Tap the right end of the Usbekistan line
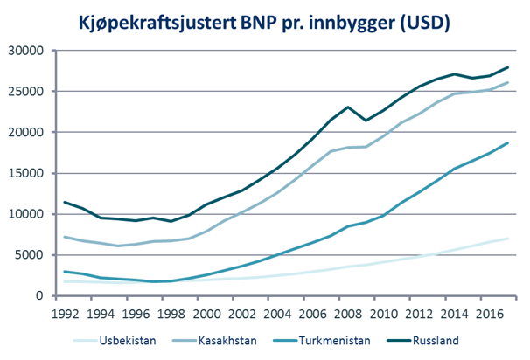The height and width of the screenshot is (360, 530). click(x=507, y=239)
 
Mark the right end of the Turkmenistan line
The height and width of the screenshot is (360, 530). click(x=507, y=142)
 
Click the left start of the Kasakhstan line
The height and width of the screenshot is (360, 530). click(x=64, y=237)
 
